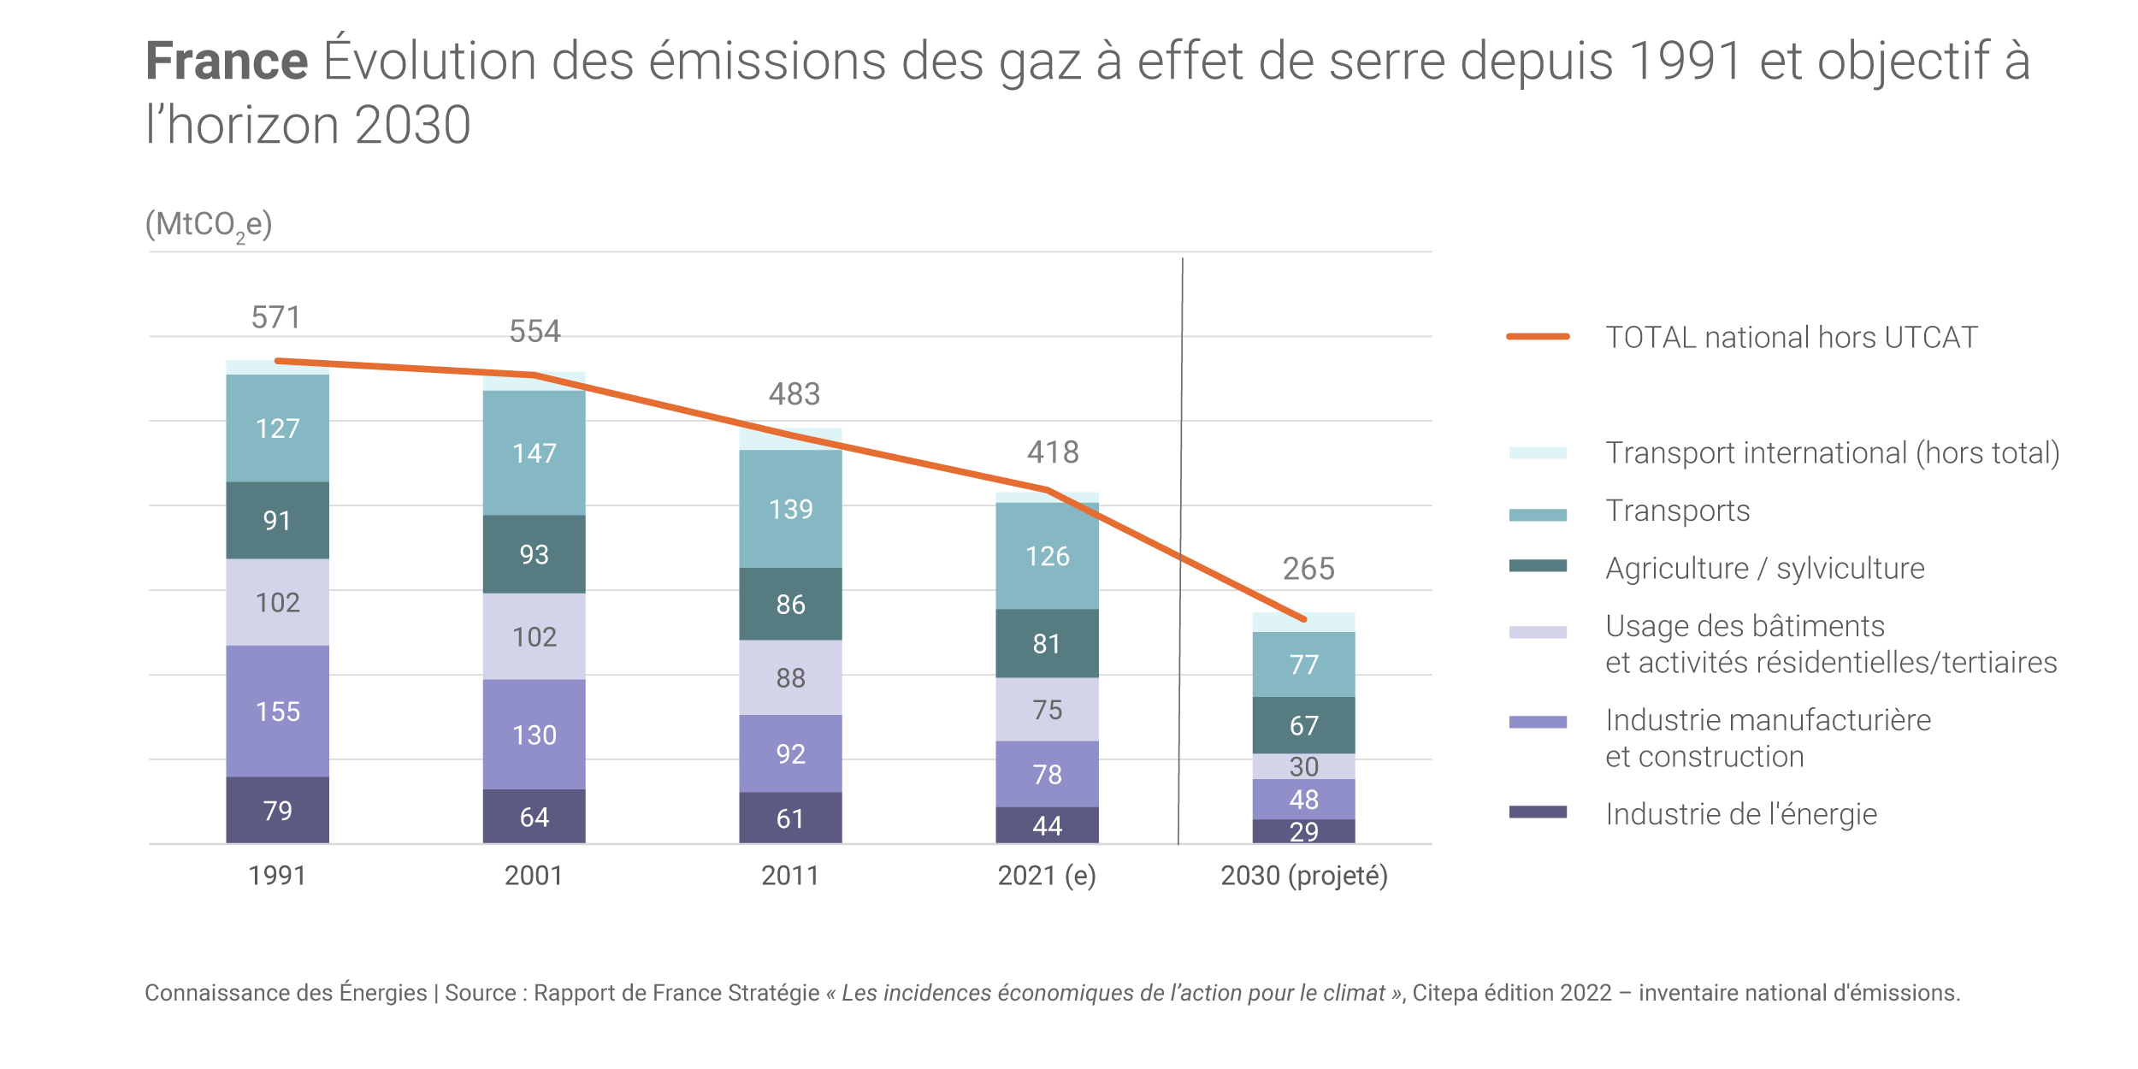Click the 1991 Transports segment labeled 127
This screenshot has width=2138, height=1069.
[277, 428]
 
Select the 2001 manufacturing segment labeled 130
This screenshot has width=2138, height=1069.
[534, 734]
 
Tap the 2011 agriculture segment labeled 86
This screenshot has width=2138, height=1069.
[790, 604]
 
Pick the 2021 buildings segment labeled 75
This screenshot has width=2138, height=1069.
[1047, 709]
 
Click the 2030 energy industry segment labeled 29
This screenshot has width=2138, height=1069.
[1303, 831]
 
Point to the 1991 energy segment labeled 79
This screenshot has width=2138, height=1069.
[277, 810]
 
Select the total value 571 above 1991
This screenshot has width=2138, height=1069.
[275, 317]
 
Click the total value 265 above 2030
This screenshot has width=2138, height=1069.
[1308, 569]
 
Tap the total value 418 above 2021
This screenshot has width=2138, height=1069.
[1053, 452]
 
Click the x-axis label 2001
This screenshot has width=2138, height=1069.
[534, 876]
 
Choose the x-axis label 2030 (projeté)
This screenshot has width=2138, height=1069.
[1303, 876]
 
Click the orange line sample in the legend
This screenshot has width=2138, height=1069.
[1538, 337]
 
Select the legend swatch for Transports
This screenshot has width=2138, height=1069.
[1538, 515]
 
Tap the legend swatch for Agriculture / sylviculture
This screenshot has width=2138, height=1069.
[1538, 565]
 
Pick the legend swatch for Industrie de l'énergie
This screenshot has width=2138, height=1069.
[1538, 812]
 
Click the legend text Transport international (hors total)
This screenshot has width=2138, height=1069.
[1832, 452]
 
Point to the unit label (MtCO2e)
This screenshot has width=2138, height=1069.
[209, 225]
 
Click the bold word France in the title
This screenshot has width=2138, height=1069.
[227, 61]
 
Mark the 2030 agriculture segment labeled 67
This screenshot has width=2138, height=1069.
[1303, 725]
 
